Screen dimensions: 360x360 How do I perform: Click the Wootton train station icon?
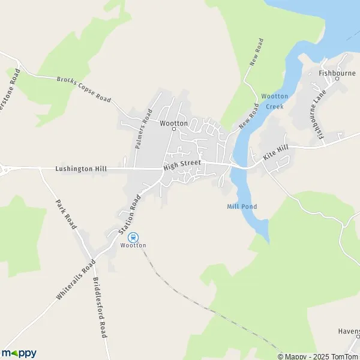(x=133, y=237)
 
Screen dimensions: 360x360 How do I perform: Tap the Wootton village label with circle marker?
(x=174, y=123)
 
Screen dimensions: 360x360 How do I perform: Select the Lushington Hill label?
(x=80, y=169)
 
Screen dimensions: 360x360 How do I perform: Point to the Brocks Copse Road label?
(x=84, y=89)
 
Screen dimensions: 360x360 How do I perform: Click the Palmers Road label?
(x=144, y=129)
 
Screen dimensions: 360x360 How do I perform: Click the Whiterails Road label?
(x=76, y=280)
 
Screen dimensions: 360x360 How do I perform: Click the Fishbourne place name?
(x=337, y=74)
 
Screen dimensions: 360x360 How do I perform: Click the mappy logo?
(x=19, y=353)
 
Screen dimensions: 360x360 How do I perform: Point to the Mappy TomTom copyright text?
(x=322, y=356)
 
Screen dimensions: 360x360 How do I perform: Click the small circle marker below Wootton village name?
(x=174, y=128)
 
